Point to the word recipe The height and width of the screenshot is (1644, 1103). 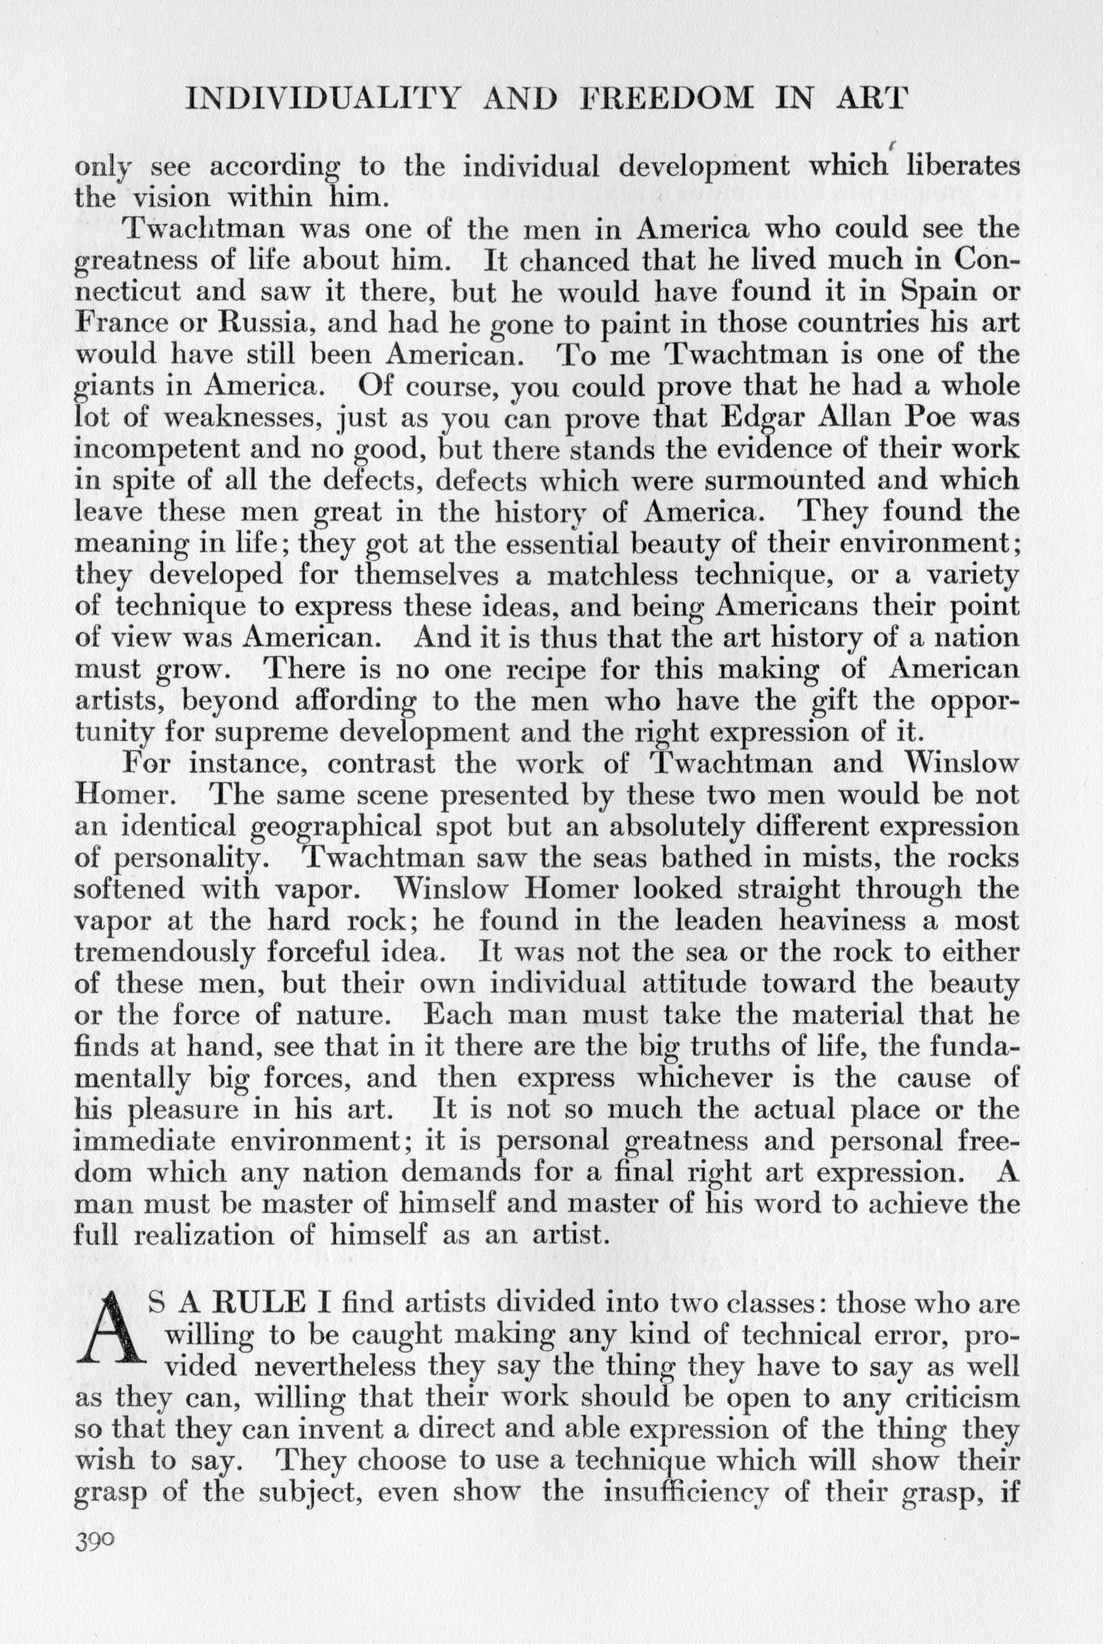[x=500, y=670]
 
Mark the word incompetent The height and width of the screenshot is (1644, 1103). [x=149, y=450]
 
